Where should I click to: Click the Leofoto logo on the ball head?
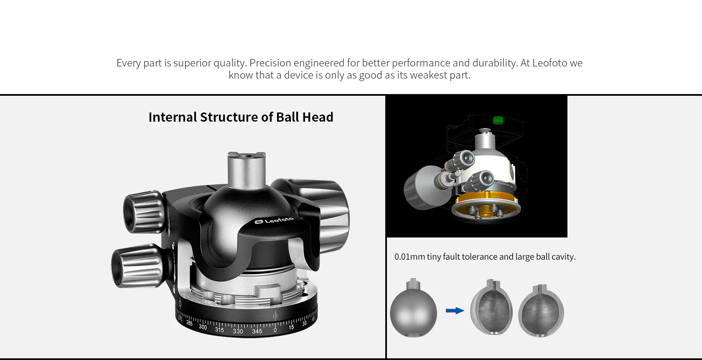pyautogui.click(x=275, y=220)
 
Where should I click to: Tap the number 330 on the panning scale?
pyautogui.click(x=238, y=331)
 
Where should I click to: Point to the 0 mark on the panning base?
pyautogui.click(x=275, y=330)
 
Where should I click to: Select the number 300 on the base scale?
pyautogui.click(x=203, y=327)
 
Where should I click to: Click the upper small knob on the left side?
pyautogui.click(x=143, y=212)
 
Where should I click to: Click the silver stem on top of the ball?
pyautogui.click(x=246, y=169)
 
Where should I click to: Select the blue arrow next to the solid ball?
pyautogui.click(x=455, y=310)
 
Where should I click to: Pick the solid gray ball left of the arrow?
pyautogui.click(x=413, y=311)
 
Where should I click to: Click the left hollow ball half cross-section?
pyautogui.click(x=491, y=309)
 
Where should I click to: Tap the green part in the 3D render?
pyautogui.click(x=498, y=120)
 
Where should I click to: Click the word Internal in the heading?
pyautogui.click(x=172, y=117)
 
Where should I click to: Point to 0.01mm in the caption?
pyautogui.click(x=409, y=257)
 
